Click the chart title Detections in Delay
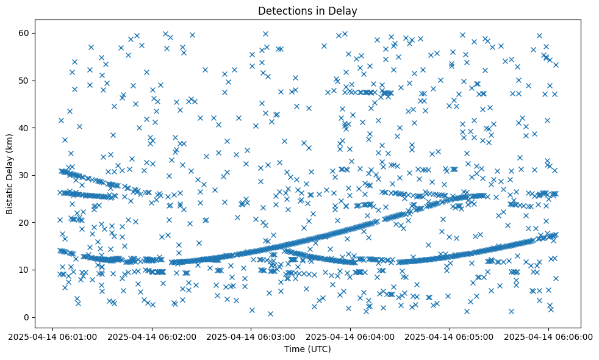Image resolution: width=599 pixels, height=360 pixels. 307,11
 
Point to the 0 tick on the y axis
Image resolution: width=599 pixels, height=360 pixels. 27,317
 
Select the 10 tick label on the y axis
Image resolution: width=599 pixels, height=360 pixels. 24,270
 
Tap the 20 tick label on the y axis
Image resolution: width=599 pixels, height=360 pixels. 24,223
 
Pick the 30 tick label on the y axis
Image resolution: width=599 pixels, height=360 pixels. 24,175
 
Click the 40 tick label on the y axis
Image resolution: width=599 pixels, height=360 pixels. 24,128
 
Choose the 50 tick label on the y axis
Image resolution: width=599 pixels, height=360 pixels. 24,81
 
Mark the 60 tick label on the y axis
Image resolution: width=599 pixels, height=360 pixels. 24,33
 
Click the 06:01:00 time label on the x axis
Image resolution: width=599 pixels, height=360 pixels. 52,337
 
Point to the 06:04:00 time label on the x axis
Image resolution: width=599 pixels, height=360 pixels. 351,337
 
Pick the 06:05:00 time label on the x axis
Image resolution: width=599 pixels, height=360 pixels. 450,337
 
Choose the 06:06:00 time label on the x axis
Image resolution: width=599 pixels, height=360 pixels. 549,337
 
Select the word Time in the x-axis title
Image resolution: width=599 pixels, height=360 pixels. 294,349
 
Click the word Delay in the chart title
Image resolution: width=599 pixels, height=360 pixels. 343,11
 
